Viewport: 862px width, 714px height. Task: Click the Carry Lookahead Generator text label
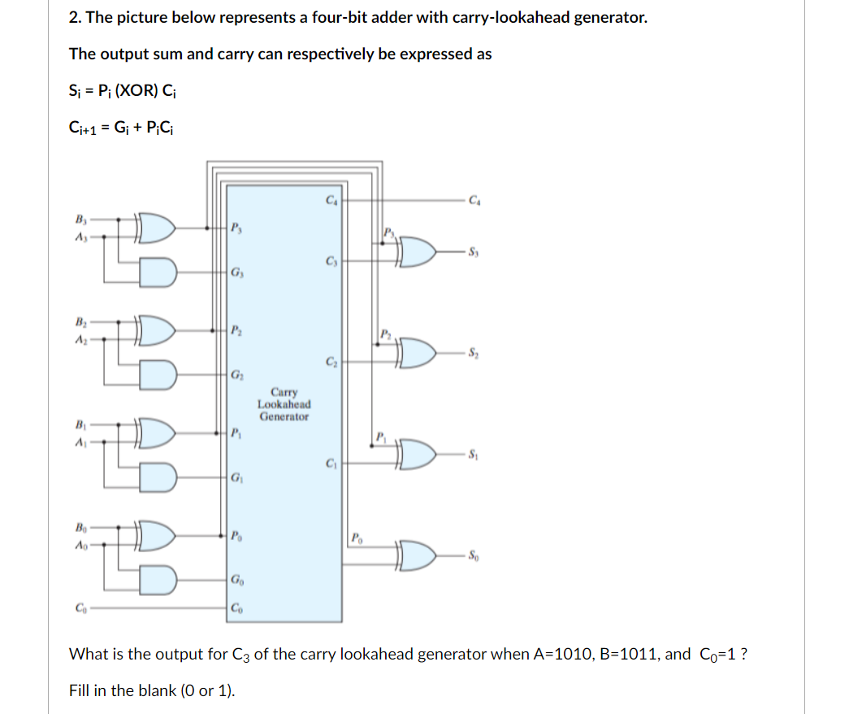point(284,403)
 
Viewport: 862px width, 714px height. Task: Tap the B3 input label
point(80,218)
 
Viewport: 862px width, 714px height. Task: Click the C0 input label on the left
point(80,607)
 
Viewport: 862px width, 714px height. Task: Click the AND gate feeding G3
point(156,270)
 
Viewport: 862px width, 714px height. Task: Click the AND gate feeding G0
point(156,577)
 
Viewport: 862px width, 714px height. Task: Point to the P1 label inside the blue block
point(236,432)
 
